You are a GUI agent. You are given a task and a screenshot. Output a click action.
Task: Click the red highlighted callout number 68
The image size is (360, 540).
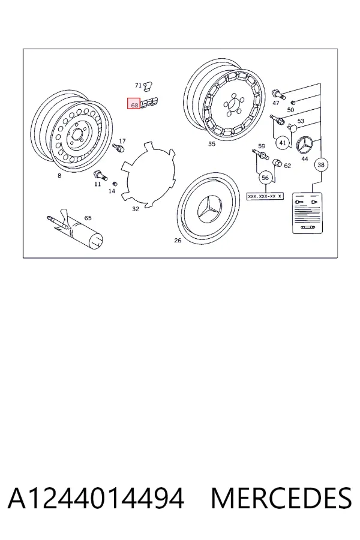pyautogui.click(x=134, y=103)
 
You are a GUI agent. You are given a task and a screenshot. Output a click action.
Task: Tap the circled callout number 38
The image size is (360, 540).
pyautogui.click(x=321, y=164)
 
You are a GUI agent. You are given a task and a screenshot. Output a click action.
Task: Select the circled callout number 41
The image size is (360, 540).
pyautogui.click(x=283, y=143)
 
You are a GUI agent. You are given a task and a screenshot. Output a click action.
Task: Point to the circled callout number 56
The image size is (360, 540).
pyautogui.click(x=265, y=178)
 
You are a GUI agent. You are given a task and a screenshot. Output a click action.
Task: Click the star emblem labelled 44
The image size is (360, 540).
pyautogui.click(x=305, y=145)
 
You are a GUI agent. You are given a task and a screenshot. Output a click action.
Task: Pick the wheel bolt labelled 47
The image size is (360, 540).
pyautogui.click(x=278, y=94)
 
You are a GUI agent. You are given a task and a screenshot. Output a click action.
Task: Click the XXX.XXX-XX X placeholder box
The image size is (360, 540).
pyautogui.click(x=265, y=196)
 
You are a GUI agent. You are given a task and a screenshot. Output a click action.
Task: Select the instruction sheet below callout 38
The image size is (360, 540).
pyautogui.click(x=308, y=214)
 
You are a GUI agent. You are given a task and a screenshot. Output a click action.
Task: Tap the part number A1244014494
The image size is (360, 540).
pyautogui.click(x=96, y=499)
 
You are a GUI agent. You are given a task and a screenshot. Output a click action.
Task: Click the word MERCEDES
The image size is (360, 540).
pyautogui.click(x=281, y=499)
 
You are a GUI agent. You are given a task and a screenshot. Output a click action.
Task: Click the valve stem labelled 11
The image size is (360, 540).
pyautogui.click(x=100, y=175)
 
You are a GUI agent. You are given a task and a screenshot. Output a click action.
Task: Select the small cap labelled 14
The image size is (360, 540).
pyautogui.click(x=115, y=183)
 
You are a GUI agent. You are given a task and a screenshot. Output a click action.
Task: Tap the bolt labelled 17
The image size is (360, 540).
pyautogui.click(x=118, y=148)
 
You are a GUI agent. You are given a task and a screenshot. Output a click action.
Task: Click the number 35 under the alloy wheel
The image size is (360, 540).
pyautogui.click(x=212, y=143)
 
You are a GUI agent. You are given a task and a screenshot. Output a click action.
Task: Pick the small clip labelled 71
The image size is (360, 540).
pyautogui.click(x=148, y=86)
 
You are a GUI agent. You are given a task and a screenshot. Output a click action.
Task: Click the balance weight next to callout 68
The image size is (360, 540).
pyautogui.click(x=149, y=103)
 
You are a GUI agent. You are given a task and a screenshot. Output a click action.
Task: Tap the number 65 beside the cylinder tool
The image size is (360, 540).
pyautogui.click(x=88, y=218)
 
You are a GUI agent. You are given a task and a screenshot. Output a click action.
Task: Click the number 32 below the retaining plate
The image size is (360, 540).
pyautogui.click(x=136, y=209)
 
